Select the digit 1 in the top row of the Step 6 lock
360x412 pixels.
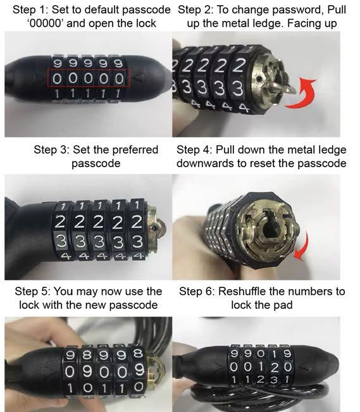click(269, 353)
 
